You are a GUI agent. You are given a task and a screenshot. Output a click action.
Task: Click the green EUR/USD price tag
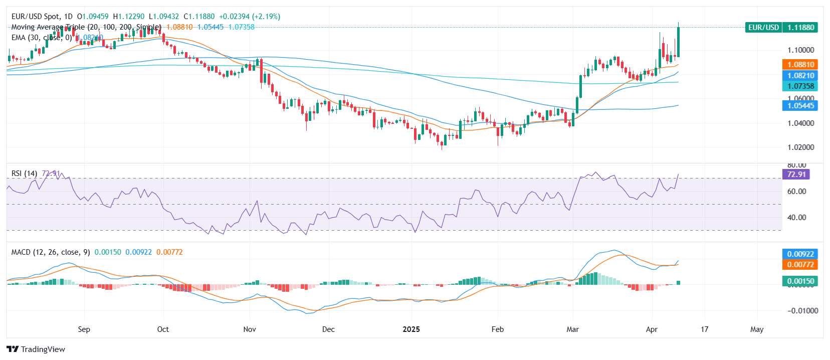coord(781,28)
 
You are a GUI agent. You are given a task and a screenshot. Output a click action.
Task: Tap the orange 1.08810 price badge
coord(800,65)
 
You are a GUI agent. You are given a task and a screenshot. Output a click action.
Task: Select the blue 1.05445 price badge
coord(800,106)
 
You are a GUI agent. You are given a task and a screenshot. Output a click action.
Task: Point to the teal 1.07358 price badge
coord(800,86)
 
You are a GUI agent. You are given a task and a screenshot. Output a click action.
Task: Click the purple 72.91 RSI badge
coord(796,174)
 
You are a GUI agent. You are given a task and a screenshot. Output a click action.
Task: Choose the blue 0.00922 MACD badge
coord(800,254)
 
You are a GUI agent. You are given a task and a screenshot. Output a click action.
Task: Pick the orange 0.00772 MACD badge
coord(800,265)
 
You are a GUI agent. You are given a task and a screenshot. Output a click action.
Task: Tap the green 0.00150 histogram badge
coord(800,281)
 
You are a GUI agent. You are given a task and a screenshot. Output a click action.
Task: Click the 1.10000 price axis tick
coord(800,50)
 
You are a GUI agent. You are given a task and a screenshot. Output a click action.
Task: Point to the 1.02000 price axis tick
coord(800,147)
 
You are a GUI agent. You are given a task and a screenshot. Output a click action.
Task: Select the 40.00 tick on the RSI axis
coord(796,218)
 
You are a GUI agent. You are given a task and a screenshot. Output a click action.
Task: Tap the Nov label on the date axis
coord(250,329)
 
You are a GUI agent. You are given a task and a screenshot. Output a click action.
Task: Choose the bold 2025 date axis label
coord(411,329)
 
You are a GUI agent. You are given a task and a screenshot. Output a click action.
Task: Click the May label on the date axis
coord(757,329)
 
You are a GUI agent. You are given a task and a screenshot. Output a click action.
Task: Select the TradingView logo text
coord(43,349)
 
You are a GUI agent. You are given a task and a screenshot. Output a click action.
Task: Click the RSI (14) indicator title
coord(24,173)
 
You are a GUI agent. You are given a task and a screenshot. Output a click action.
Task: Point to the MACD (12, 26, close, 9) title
coord(51,252)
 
